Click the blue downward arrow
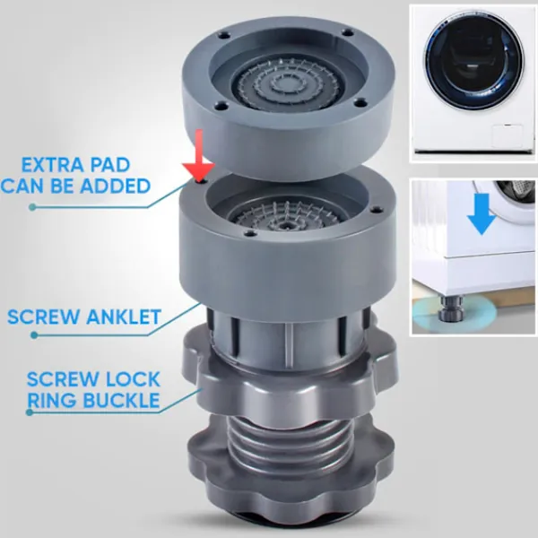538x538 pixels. pyautogui.click(x=481, y=213)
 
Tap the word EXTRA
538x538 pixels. pyautogui.click(x=51, y=165)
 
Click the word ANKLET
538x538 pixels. pyautogui.click(x=124, y=317)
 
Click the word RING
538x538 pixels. pyautogui.click(x=49, y=400)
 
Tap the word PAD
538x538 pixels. pyautogui.click(x=109, y=165)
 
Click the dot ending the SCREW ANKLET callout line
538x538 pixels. pyautogui.click(x=34, y=335)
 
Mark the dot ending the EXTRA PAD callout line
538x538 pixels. pyautogui.click(x=32, y=207)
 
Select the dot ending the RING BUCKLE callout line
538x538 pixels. pyautogui.click(x=30, y=412)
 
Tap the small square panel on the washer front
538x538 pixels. pyautogui.click(x=508, y=136)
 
